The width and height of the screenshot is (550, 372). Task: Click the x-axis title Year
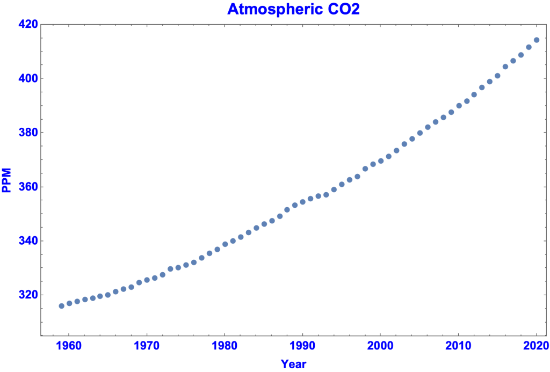click(293, 364)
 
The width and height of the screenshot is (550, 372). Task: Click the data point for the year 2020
click(537, 40)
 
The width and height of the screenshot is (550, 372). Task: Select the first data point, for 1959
click(61, 306)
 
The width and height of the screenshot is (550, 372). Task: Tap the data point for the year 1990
click(302, 202)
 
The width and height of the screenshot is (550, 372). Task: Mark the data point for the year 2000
click(381, 161)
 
